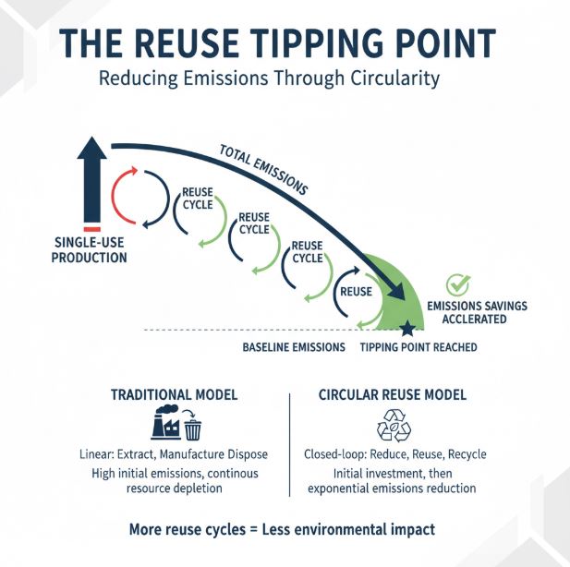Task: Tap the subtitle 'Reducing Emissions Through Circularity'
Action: point(269,78)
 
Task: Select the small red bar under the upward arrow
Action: point(91,228)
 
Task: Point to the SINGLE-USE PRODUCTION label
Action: point(90,250)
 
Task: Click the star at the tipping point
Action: point(407,328)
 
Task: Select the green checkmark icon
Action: point(456,285)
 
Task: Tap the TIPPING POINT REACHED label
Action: point(418,347)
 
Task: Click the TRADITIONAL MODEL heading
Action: point(175,394)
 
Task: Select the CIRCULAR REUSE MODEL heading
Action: point(393,394)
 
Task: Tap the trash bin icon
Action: point(192,428)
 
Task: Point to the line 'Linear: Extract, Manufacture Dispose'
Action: point(175,454)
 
